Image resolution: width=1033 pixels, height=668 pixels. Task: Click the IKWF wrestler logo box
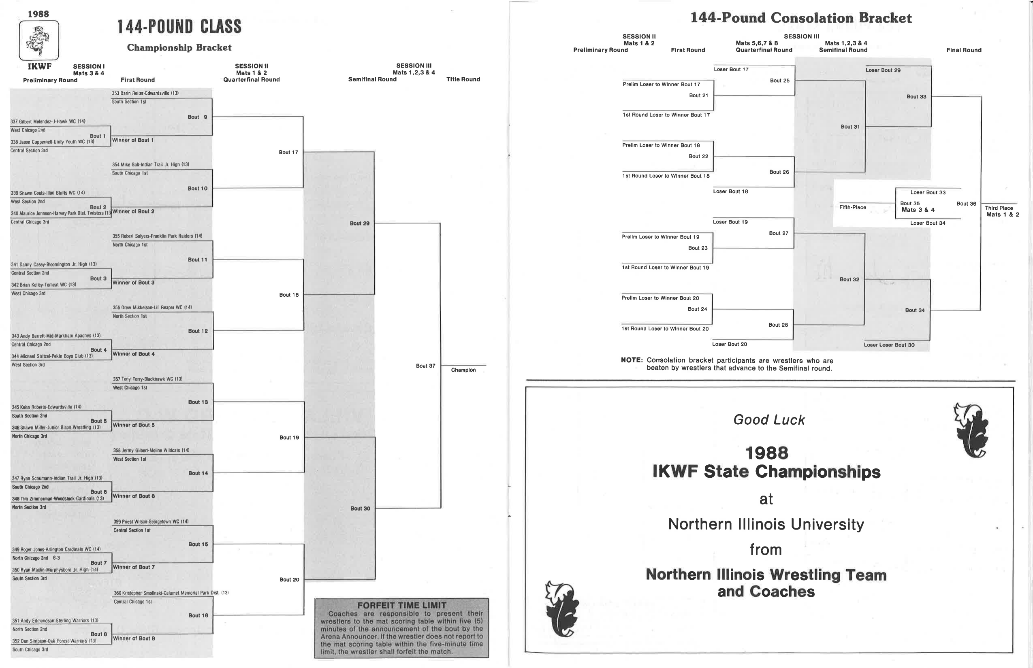(x=39, y=40)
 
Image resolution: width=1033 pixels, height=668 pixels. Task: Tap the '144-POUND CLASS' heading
(x=179, y=27)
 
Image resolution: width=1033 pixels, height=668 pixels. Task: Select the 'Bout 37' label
(x=425, y=366)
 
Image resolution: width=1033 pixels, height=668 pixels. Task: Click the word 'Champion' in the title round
(x=463, y=370)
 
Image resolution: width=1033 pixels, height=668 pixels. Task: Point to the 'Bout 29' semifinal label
(x=359, y=223)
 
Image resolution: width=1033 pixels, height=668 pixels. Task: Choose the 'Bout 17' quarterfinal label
(x=288, y=152)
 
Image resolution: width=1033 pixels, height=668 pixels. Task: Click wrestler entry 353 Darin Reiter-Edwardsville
(x=145, y=93)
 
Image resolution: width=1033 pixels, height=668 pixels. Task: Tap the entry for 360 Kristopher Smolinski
(x=171, y=593)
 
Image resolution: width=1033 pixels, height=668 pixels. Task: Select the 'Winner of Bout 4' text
(x=133, y=354)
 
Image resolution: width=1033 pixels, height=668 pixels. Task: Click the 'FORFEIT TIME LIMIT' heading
(x=401, y=605)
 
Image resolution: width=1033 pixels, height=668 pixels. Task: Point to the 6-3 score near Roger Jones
(x=56, y=558)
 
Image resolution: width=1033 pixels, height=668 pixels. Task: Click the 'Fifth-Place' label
(x=852, y=207)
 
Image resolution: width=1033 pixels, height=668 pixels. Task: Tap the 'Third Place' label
(x=999, y=208)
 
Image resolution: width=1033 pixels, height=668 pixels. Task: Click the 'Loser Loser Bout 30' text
(x=889, y=345)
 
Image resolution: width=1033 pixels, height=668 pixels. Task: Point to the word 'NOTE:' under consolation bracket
(x=632, y=360)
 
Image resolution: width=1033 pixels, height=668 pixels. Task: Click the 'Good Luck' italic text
(x=769, y=420)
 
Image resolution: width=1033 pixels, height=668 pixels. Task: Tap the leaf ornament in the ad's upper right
(x=972, y=431)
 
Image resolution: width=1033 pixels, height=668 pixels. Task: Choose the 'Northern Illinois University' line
(x=766, y=524)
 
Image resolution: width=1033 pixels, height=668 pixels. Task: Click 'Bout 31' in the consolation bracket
(x=850, y=127)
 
